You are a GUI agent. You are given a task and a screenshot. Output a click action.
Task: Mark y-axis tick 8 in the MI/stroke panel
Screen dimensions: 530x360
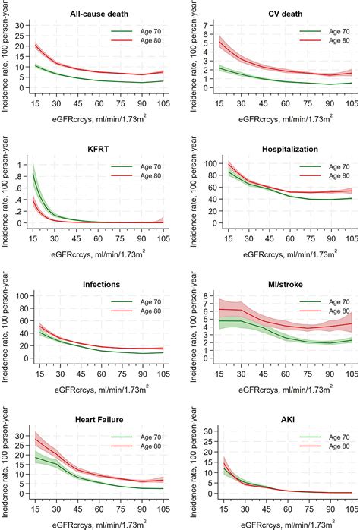coord(209,297)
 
